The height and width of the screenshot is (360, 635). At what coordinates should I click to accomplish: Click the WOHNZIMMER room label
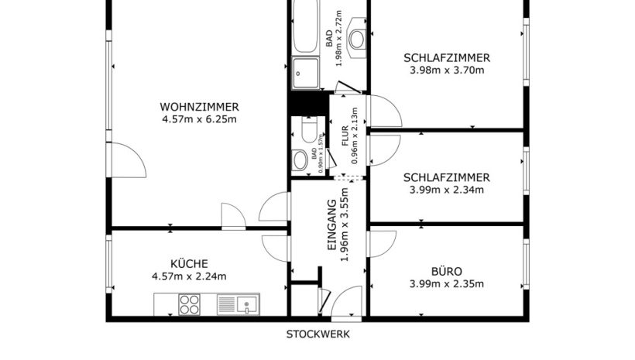point(199,107)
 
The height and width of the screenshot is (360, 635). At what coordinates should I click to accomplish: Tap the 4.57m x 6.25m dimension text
point(199,119)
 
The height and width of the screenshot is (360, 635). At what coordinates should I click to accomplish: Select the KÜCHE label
point(189,264)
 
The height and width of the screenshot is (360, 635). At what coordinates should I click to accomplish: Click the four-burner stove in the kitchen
point(189,304)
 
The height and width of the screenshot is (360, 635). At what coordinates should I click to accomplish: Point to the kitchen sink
point(239,304)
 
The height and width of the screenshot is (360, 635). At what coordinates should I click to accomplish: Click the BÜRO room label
point(447,271)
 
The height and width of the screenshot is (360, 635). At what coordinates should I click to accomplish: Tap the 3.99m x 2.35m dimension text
point(447,284)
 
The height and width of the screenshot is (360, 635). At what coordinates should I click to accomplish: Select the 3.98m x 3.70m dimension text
point(447,70)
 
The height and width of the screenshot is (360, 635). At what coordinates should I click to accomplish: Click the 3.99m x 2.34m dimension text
point(447,190)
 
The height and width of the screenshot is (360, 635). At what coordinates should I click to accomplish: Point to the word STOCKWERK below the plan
point(318,334)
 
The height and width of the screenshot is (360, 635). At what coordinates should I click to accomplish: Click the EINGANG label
point(332,225)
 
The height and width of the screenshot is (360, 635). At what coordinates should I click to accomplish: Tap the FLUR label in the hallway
point(345,136)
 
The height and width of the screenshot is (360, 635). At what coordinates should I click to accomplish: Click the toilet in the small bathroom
point(310,130)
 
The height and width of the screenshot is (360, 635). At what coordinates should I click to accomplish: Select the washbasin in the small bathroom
point(300,160)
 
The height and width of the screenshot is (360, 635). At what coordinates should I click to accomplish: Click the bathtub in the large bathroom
point(305,26)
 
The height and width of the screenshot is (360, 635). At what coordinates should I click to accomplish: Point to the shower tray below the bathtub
point(306,73)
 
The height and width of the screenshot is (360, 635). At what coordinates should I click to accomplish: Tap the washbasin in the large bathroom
point(357,39)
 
